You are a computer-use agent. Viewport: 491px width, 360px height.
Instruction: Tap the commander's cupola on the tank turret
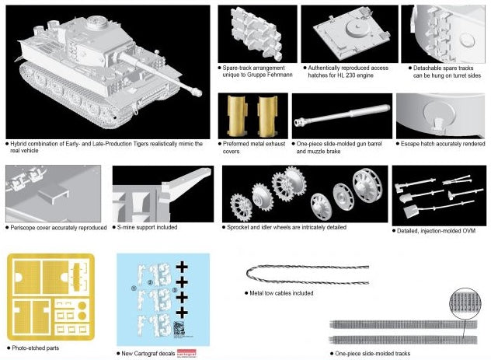click(x=100, y=23)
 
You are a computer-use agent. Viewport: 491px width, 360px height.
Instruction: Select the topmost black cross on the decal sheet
click(x=182, y=266)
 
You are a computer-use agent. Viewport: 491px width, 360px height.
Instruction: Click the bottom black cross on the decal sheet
click(x=182, y=312)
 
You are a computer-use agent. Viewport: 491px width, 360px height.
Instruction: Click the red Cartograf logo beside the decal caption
click(x=190, y=354)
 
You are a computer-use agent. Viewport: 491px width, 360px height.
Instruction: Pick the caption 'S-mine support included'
click(x=148, y=227)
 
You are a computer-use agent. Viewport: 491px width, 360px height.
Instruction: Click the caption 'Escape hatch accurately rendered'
click(x=443, y=144)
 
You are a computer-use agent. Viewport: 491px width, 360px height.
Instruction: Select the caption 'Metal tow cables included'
click(x=281, y=294)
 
